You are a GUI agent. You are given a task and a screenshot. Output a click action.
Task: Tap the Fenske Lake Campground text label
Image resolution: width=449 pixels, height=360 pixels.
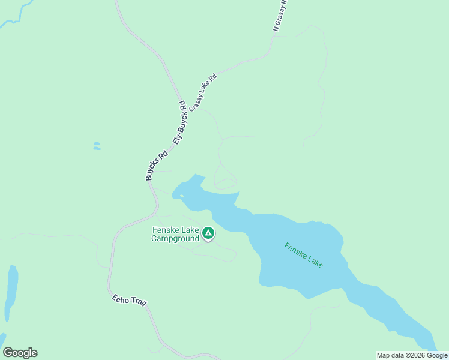pyautogui.click(x=175, y=234)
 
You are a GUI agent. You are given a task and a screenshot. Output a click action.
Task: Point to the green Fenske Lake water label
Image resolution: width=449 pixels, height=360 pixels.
pyautogui.click(x=304, y=255)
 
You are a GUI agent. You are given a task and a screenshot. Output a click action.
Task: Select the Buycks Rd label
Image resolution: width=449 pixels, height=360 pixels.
pyautogui.click(x=155, y=166)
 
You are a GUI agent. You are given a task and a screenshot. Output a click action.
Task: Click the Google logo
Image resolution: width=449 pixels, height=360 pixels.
pyautogui.click(x=20, y=353)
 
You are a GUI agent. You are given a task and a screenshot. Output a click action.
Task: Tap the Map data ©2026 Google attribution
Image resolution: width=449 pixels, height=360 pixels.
pyautogui.click(x=412, y=355)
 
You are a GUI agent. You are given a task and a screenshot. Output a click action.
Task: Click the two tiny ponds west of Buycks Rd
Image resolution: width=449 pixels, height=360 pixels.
pyautogui.click(x=97, y=146)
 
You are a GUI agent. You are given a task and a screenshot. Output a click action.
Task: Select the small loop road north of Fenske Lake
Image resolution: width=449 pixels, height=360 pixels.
pyautogui.click(x=226, y=184)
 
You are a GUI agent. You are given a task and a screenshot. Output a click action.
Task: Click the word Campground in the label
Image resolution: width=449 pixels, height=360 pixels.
pyautogui.click(x=175, y=238)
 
